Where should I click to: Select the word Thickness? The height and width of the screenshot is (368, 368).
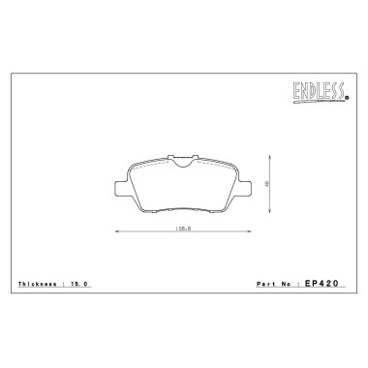point(38,285)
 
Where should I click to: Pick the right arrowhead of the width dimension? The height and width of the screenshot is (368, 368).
point(250,231)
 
